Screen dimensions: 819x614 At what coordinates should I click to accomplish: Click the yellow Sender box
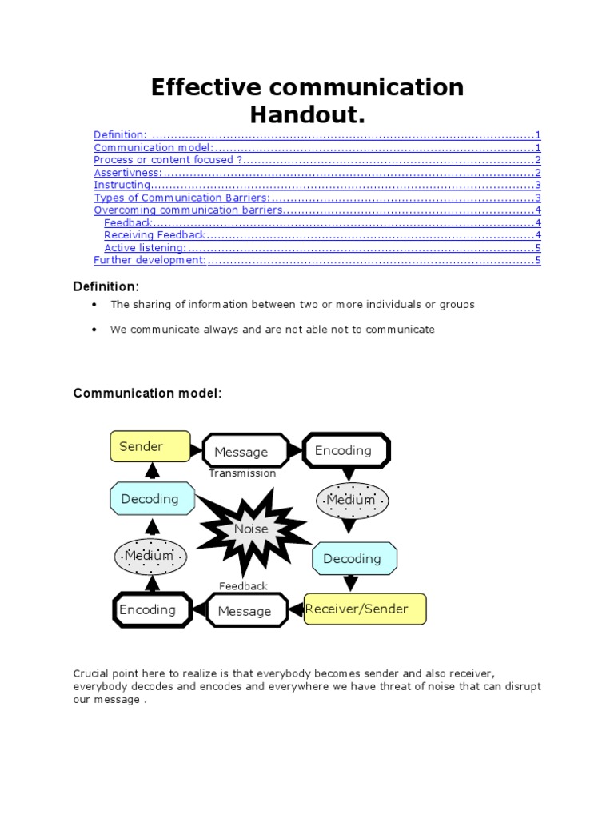[150, 446]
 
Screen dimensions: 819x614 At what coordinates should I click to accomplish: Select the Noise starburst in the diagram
[252, 529]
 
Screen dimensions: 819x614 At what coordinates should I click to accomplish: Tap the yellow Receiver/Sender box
[365, 609]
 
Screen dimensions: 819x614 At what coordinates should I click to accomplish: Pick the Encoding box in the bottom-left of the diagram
[152, 610]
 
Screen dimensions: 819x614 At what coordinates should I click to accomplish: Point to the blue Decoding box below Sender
[150, 499]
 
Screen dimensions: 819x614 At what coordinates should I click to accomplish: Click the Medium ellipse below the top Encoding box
[352, 500]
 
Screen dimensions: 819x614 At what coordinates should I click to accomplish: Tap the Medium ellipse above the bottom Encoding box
[150, 556]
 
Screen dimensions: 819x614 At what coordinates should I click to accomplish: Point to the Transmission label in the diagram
[242, 473]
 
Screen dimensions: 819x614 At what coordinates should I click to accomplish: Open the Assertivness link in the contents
[128, 172]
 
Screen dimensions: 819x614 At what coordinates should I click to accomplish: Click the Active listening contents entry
[144, 247]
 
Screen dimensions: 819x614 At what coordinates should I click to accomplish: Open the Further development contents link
[150, 260]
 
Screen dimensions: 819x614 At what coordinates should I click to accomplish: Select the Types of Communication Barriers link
[181, 198]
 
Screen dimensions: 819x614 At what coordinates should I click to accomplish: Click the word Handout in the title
[307, 115]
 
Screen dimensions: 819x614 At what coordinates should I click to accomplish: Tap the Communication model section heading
[147, 393]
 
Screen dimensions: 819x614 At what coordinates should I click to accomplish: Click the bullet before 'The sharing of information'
[94, 305]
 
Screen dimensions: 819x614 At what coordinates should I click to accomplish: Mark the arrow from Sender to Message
[197, 449]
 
